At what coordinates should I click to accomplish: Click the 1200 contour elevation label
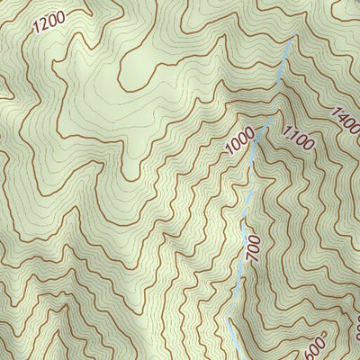[49, 22]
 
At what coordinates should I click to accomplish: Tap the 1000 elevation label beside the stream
[240, 140]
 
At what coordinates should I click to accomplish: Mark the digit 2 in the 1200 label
[45, 24]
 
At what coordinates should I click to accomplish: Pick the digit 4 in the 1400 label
[341, 114]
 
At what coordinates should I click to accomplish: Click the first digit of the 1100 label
[286, 127]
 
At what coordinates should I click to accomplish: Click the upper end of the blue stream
[291, 41]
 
